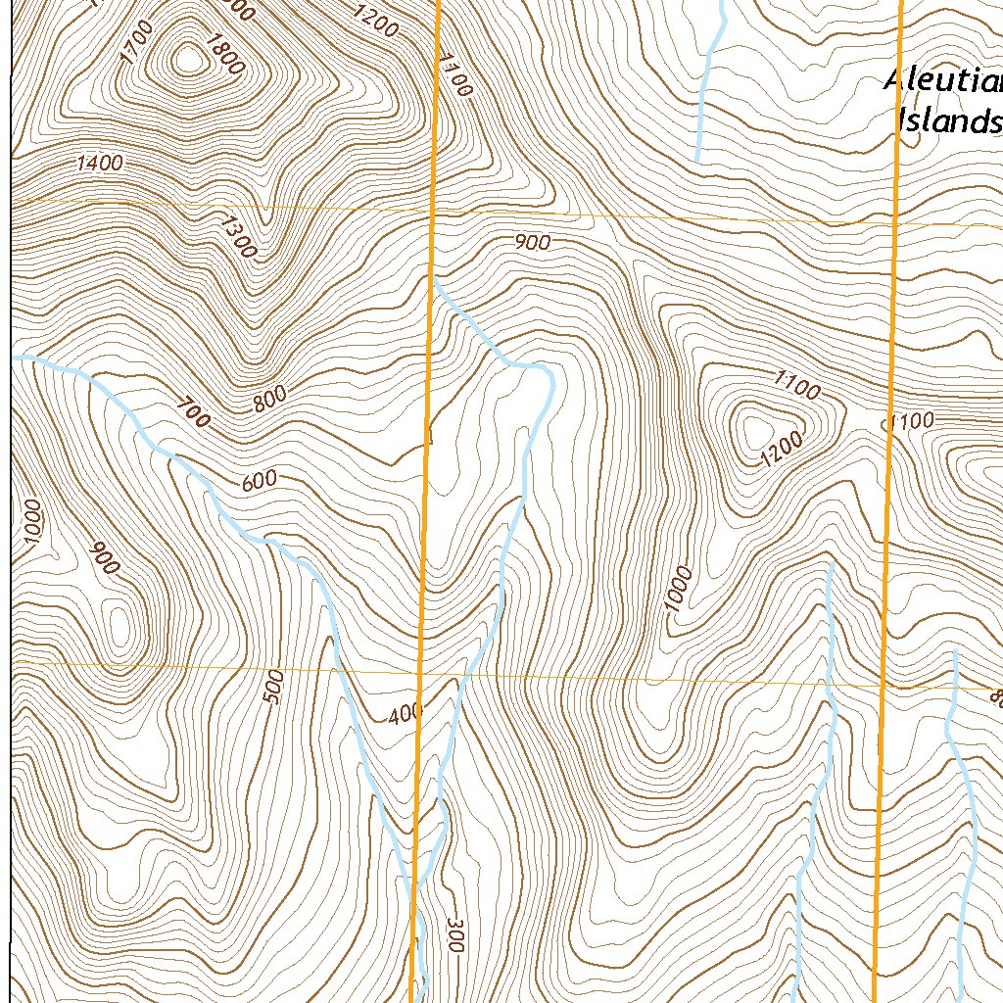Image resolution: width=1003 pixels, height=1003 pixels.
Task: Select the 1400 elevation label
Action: tap(100, 164)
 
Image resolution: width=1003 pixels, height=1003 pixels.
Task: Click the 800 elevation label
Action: tap(269, 398)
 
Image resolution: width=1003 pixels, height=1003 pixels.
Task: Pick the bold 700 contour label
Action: tap(194, 413)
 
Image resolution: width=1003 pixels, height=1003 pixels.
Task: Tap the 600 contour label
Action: tap(259, 480)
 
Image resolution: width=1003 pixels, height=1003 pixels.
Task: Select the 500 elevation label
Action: tap(275, 687)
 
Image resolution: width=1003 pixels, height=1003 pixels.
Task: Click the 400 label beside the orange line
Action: tap(404, 714)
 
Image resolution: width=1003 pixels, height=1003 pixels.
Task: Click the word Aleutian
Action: tap(942, 80)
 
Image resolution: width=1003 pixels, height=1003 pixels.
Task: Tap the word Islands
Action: tap(948, 121)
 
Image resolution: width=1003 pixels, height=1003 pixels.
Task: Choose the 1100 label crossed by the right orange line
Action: tap(909, 422)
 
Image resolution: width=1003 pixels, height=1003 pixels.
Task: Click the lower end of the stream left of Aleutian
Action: tap(697, 157)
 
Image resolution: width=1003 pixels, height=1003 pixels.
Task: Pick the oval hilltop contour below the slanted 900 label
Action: tap(119, 628)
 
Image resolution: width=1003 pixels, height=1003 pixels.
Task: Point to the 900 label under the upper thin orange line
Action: tap(532, 244)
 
